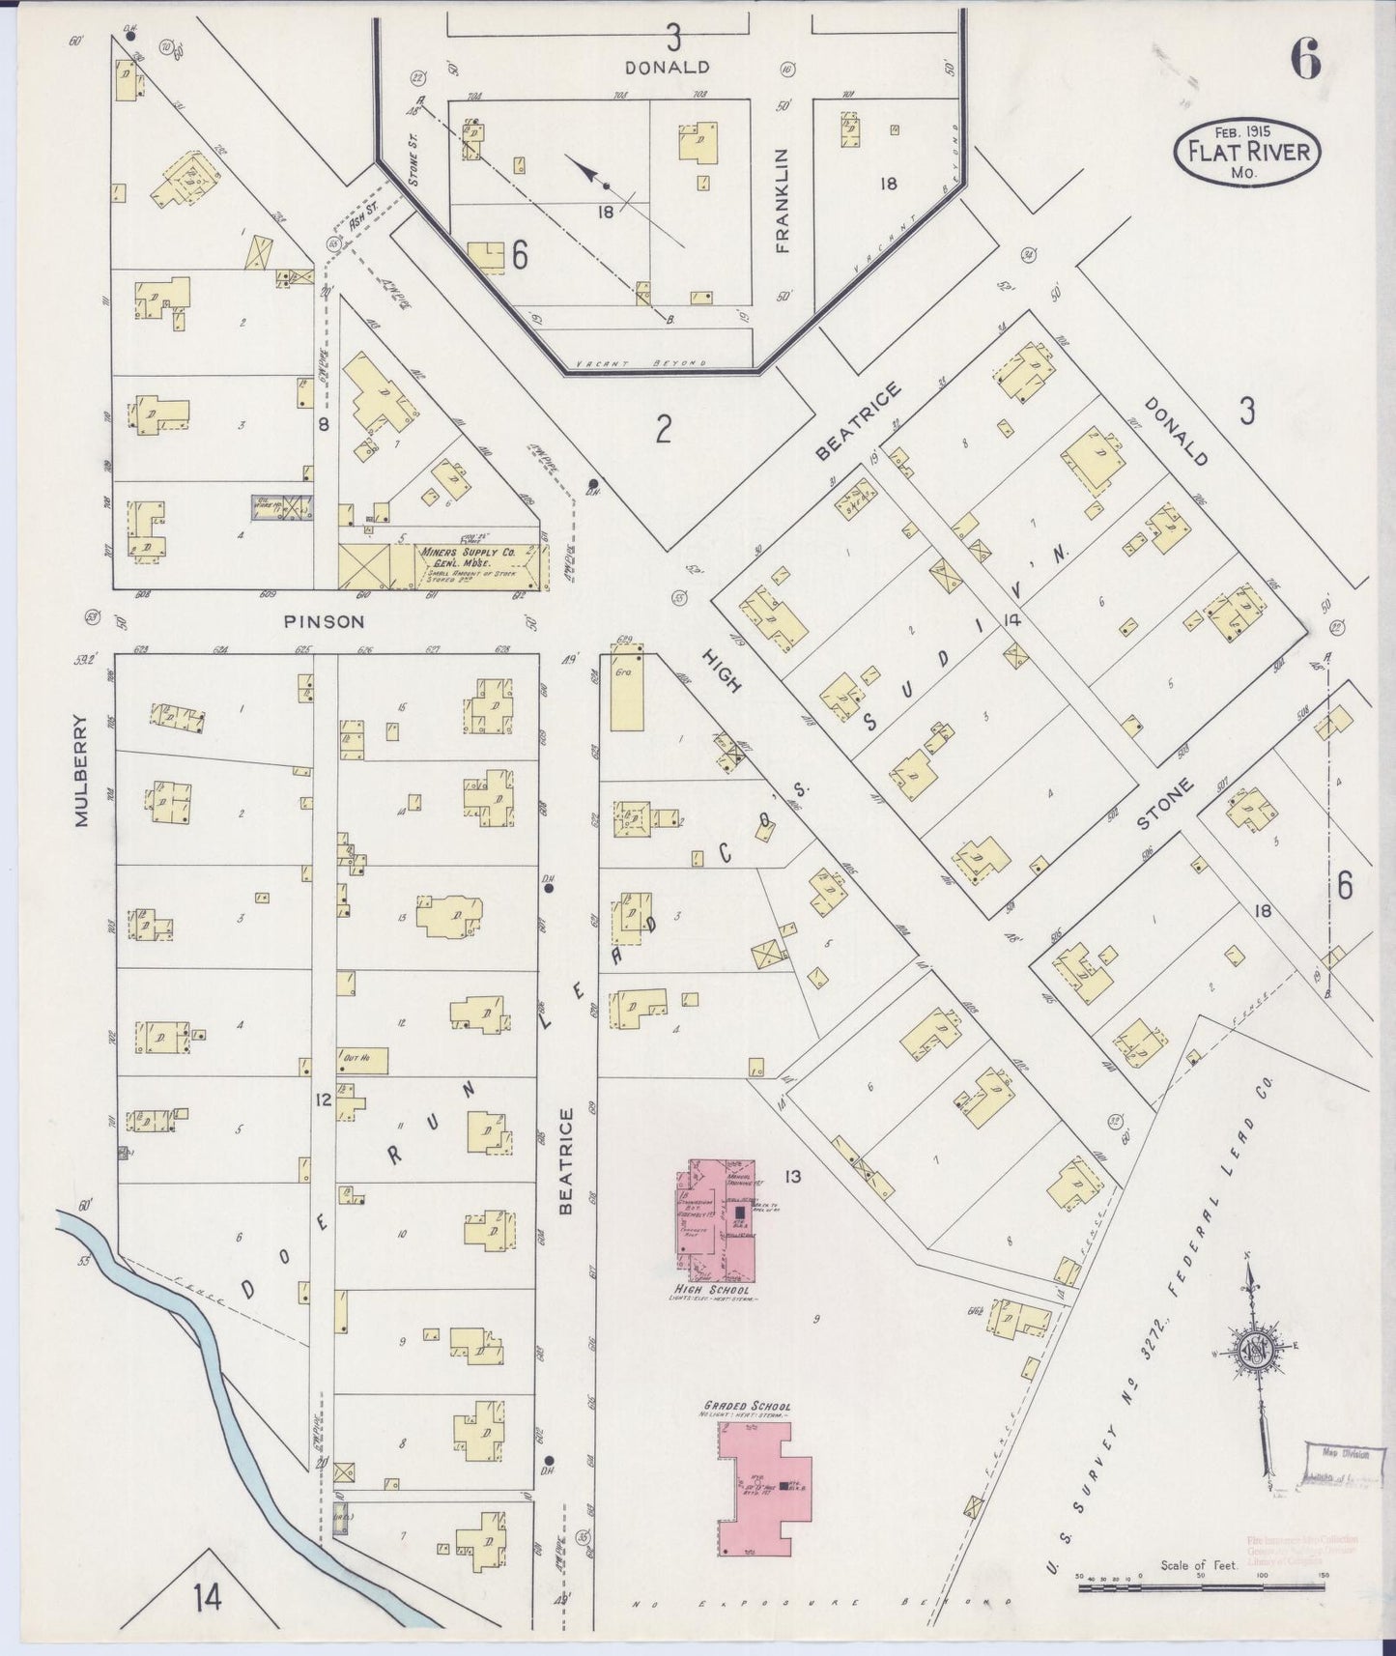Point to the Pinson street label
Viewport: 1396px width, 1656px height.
(x=325, y=622)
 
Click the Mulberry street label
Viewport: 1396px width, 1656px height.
(x=81, y=770)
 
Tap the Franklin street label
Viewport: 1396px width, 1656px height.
(x=782, y=200)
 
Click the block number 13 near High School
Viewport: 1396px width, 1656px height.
(x=793, y=1176)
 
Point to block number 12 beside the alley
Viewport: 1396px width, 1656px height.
(x=323, y=1099)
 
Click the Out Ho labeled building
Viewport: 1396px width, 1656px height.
(x=362, y=1060)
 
